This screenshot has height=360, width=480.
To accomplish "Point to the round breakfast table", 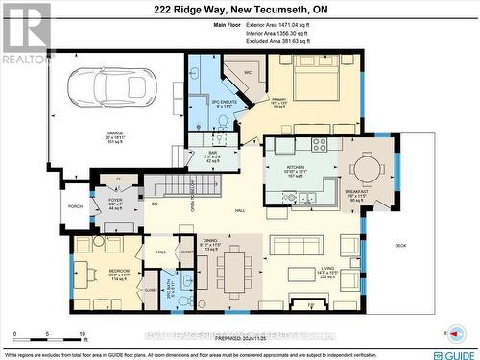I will tap(367, 169).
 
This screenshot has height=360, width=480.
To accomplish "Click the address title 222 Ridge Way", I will tap(239, 9).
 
